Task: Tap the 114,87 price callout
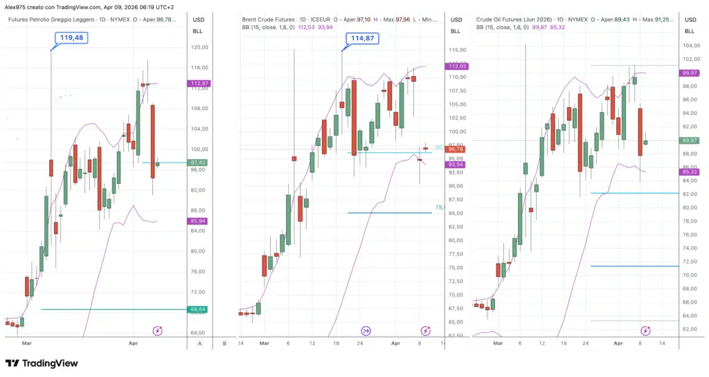click(361, 39)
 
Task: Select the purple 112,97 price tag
click(199, 84)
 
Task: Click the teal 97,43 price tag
click(199, 163)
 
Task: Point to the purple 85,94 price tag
click(199, 221)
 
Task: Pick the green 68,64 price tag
click(199, 309)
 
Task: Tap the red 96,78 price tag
click(456, 149)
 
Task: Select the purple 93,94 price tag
click(456, 165)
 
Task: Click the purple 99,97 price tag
click(690, 73)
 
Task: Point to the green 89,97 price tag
click(690, 140)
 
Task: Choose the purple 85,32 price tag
click(690, 172)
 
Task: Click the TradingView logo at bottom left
click(42, 363)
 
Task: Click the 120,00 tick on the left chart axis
click(201, 47)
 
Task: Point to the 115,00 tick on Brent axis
click(457, 50)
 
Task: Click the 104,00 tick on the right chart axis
click(690, 46)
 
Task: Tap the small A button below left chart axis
click(199, 342)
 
